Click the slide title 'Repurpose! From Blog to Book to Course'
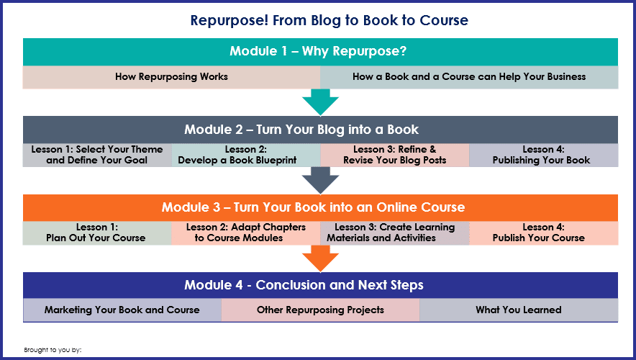click(x=329, y=20)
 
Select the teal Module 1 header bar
click(x=320, y=52)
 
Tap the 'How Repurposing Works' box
click(x=171, y=77)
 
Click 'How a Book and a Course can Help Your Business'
click(x=469, y=77)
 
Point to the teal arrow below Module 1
click(x=320, y=102)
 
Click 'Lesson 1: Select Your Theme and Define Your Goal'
click(x=97, y=155)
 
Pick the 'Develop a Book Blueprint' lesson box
click(x=246, y=155)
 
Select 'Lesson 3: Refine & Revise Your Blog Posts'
click(x=395, y=155)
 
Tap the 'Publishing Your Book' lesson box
click(x=543, y=155)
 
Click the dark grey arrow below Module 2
click(x=320, y=180)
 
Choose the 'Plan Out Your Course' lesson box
click(x=97, y=233)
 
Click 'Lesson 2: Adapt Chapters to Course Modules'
click(x=246, y=233)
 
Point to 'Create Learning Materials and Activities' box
click(x=395, y=233)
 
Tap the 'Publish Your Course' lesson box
click(x=543, y=233)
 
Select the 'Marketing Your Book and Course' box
click(x=122, y=310)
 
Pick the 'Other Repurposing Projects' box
click(x=320, y=310)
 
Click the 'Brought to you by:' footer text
click(x=53, y=350)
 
